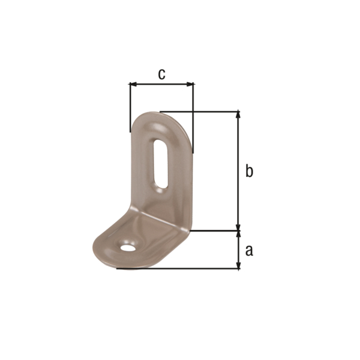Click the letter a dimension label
click(249, 250)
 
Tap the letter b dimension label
click(249, 171)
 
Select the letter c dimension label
click(161, 74)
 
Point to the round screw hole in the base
click(127, 247)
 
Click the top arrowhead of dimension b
click(239, 115)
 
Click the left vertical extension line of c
click(130, 108)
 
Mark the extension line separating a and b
click(216, 230)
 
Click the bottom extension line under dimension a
click(180, 268)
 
